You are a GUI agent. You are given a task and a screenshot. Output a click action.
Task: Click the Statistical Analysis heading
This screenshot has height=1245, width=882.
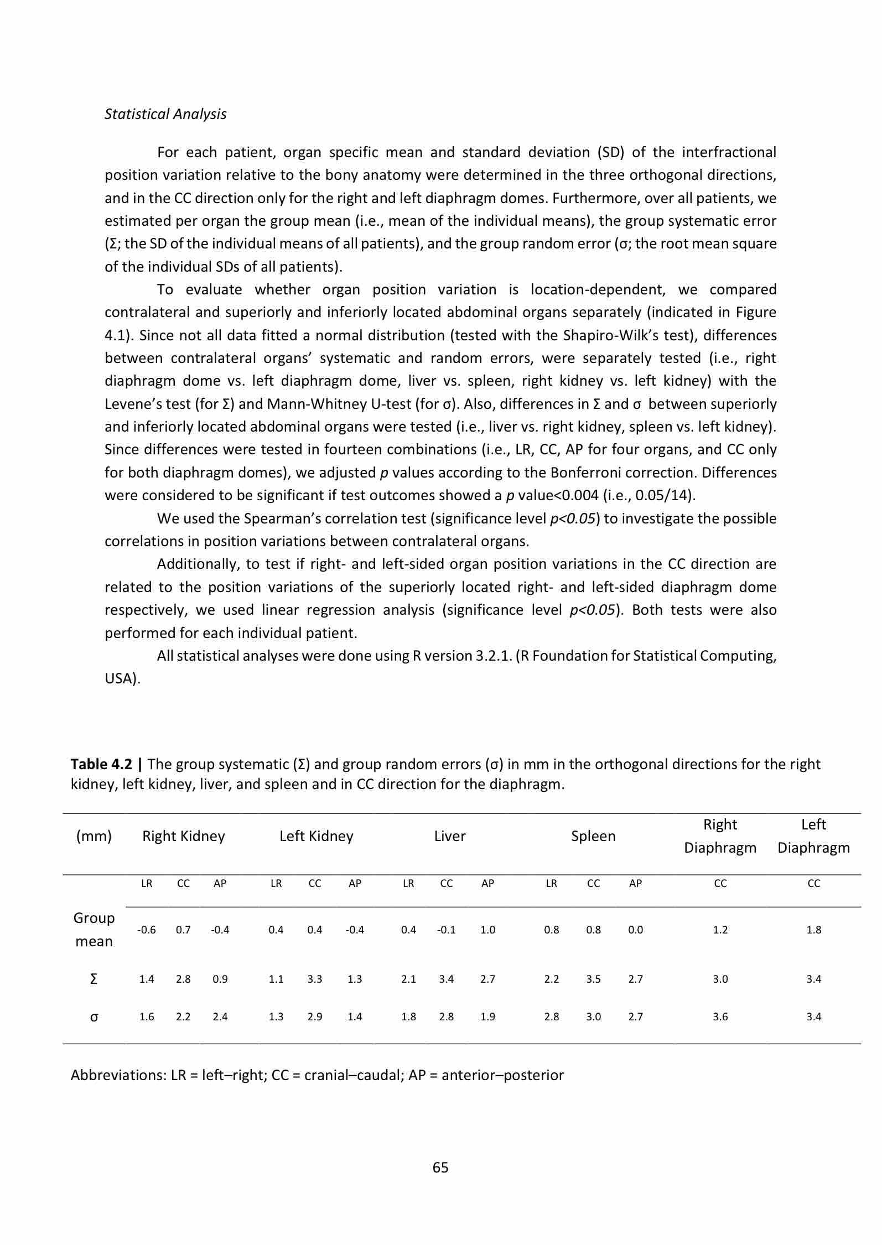[x=165, y=114]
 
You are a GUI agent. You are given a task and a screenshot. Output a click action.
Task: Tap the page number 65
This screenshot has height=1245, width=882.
[x=440, y=1167]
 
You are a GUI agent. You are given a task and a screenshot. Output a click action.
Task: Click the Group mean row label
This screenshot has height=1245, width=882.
[x=94, y=930]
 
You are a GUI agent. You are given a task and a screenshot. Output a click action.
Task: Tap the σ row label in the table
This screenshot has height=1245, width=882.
[x=94, y=1016]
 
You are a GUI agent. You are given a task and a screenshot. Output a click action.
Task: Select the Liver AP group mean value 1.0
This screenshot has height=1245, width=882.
[x=487, y=930]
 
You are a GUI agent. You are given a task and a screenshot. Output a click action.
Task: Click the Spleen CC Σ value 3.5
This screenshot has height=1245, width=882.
[x=593, y=979]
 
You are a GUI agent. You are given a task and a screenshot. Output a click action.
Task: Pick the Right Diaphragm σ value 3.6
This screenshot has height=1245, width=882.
[x=720, y=1016]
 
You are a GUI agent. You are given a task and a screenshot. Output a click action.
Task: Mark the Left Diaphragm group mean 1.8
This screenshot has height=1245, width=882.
[x=813, y=930]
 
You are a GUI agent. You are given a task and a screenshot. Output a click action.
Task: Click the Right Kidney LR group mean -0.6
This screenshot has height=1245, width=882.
[x=147, y=930]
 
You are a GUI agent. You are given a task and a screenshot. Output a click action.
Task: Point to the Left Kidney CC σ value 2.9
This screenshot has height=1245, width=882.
[x=314, y=1016]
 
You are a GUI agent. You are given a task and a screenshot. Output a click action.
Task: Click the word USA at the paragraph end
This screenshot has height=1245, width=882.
[x=120, y=679]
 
